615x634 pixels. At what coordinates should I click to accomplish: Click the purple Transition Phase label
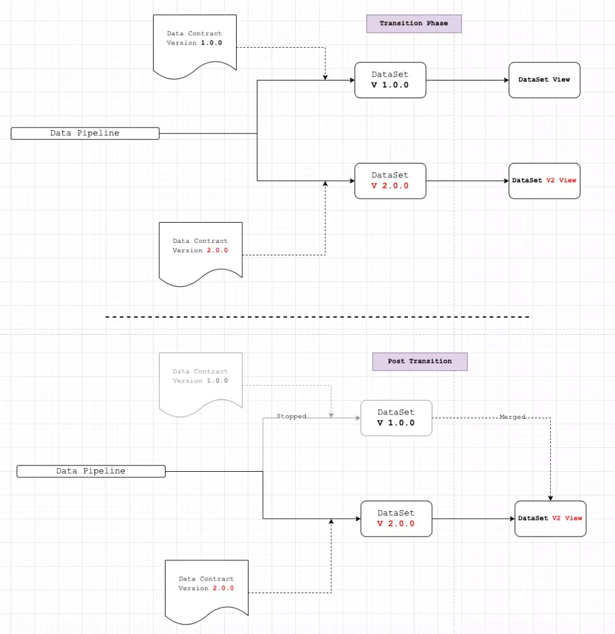pyautogui.click(x=414, y=23)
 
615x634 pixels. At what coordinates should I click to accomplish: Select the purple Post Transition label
pyautogui.click(x=420, y=362)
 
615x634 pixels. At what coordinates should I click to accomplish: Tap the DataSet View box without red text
pyautogui.click(x=544, y=80)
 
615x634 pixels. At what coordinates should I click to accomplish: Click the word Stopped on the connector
pyautogui.click(x=291, y=416)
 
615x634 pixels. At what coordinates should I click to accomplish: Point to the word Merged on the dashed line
pyautogui.click(x=512, y=417)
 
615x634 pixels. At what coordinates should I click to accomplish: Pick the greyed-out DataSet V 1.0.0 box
pyautogui.click(x=396, y=418)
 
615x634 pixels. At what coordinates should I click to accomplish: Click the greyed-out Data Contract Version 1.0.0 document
pyautogui.click(x=201, y=384)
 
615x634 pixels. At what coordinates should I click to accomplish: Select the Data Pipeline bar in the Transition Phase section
pyautogui.click(x=85, y=133)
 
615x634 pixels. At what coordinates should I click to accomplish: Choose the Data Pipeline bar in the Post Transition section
pyautogui.click(x=91, y=471)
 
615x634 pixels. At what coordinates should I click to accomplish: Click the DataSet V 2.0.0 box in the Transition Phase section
pyautogui.click(x=390, y=181)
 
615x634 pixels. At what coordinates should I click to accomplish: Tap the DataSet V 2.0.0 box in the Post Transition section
pyautogui.click(x=396, y=519)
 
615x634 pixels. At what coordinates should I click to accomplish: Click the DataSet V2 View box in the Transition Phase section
pyautogui.click(x=544, y=181)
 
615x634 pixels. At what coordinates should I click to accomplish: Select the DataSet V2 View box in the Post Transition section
pyautogui.click(x=550, y=519)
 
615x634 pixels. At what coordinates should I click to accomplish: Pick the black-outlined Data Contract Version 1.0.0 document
pyautogui.click(x=195, y=47)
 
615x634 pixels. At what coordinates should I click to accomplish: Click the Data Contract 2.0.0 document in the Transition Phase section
pyautogui.click(x=201, y=254)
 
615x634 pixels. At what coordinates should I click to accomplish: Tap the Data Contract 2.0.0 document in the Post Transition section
pyautogui.click(x=206, y=592)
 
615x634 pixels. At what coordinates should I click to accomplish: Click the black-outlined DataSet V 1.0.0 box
pyautogui.click(x=390, y=80)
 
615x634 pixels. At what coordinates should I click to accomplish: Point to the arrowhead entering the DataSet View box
pyautogui.click(x=506, y=80)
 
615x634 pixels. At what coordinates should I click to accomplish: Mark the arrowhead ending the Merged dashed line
pyautogui.click(x=550, y=498)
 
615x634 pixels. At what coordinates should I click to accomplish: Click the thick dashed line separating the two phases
pyautogui.click(x=317, y=317)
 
